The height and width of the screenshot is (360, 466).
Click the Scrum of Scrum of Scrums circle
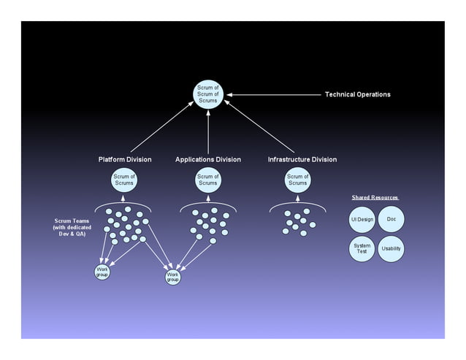[x=208, y=95]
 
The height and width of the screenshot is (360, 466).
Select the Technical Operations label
[x=357, y=94]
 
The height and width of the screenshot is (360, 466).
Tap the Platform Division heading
[x=125, y=159]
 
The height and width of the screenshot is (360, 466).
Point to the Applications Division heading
[x=208, y=159]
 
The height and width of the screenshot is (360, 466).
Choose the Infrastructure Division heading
[x=302, y=159]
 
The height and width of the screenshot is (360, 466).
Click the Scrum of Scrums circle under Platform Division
[x=123, y=180]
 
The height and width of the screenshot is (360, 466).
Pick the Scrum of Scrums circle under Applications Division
[x=208, y=180]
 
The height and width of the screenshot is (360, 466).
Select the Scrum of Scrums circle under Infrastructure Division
[x=297, y=180]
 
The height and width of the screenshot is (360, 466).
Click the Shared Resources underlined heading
[x=375, y=198]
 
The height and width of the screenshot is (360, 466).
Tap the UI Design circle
[x=362, y=220]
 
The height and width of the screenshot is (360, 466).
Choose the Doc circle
[x=391, y=219]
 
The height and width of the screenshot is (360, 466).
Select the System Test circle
[x=362, y=248]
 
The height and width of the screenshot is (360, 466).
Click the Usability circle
[x=391, y=249]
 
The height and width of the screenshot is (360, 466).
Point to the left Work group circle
[x=103, y=272]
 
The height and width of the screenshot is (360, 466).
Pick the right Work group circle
[x=172, y=277]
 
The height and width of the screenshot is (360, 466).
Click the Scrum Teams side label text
[x=73, y=227]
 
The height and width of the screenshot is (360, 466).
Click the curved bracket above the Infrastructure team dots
[x=297, y=204]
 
